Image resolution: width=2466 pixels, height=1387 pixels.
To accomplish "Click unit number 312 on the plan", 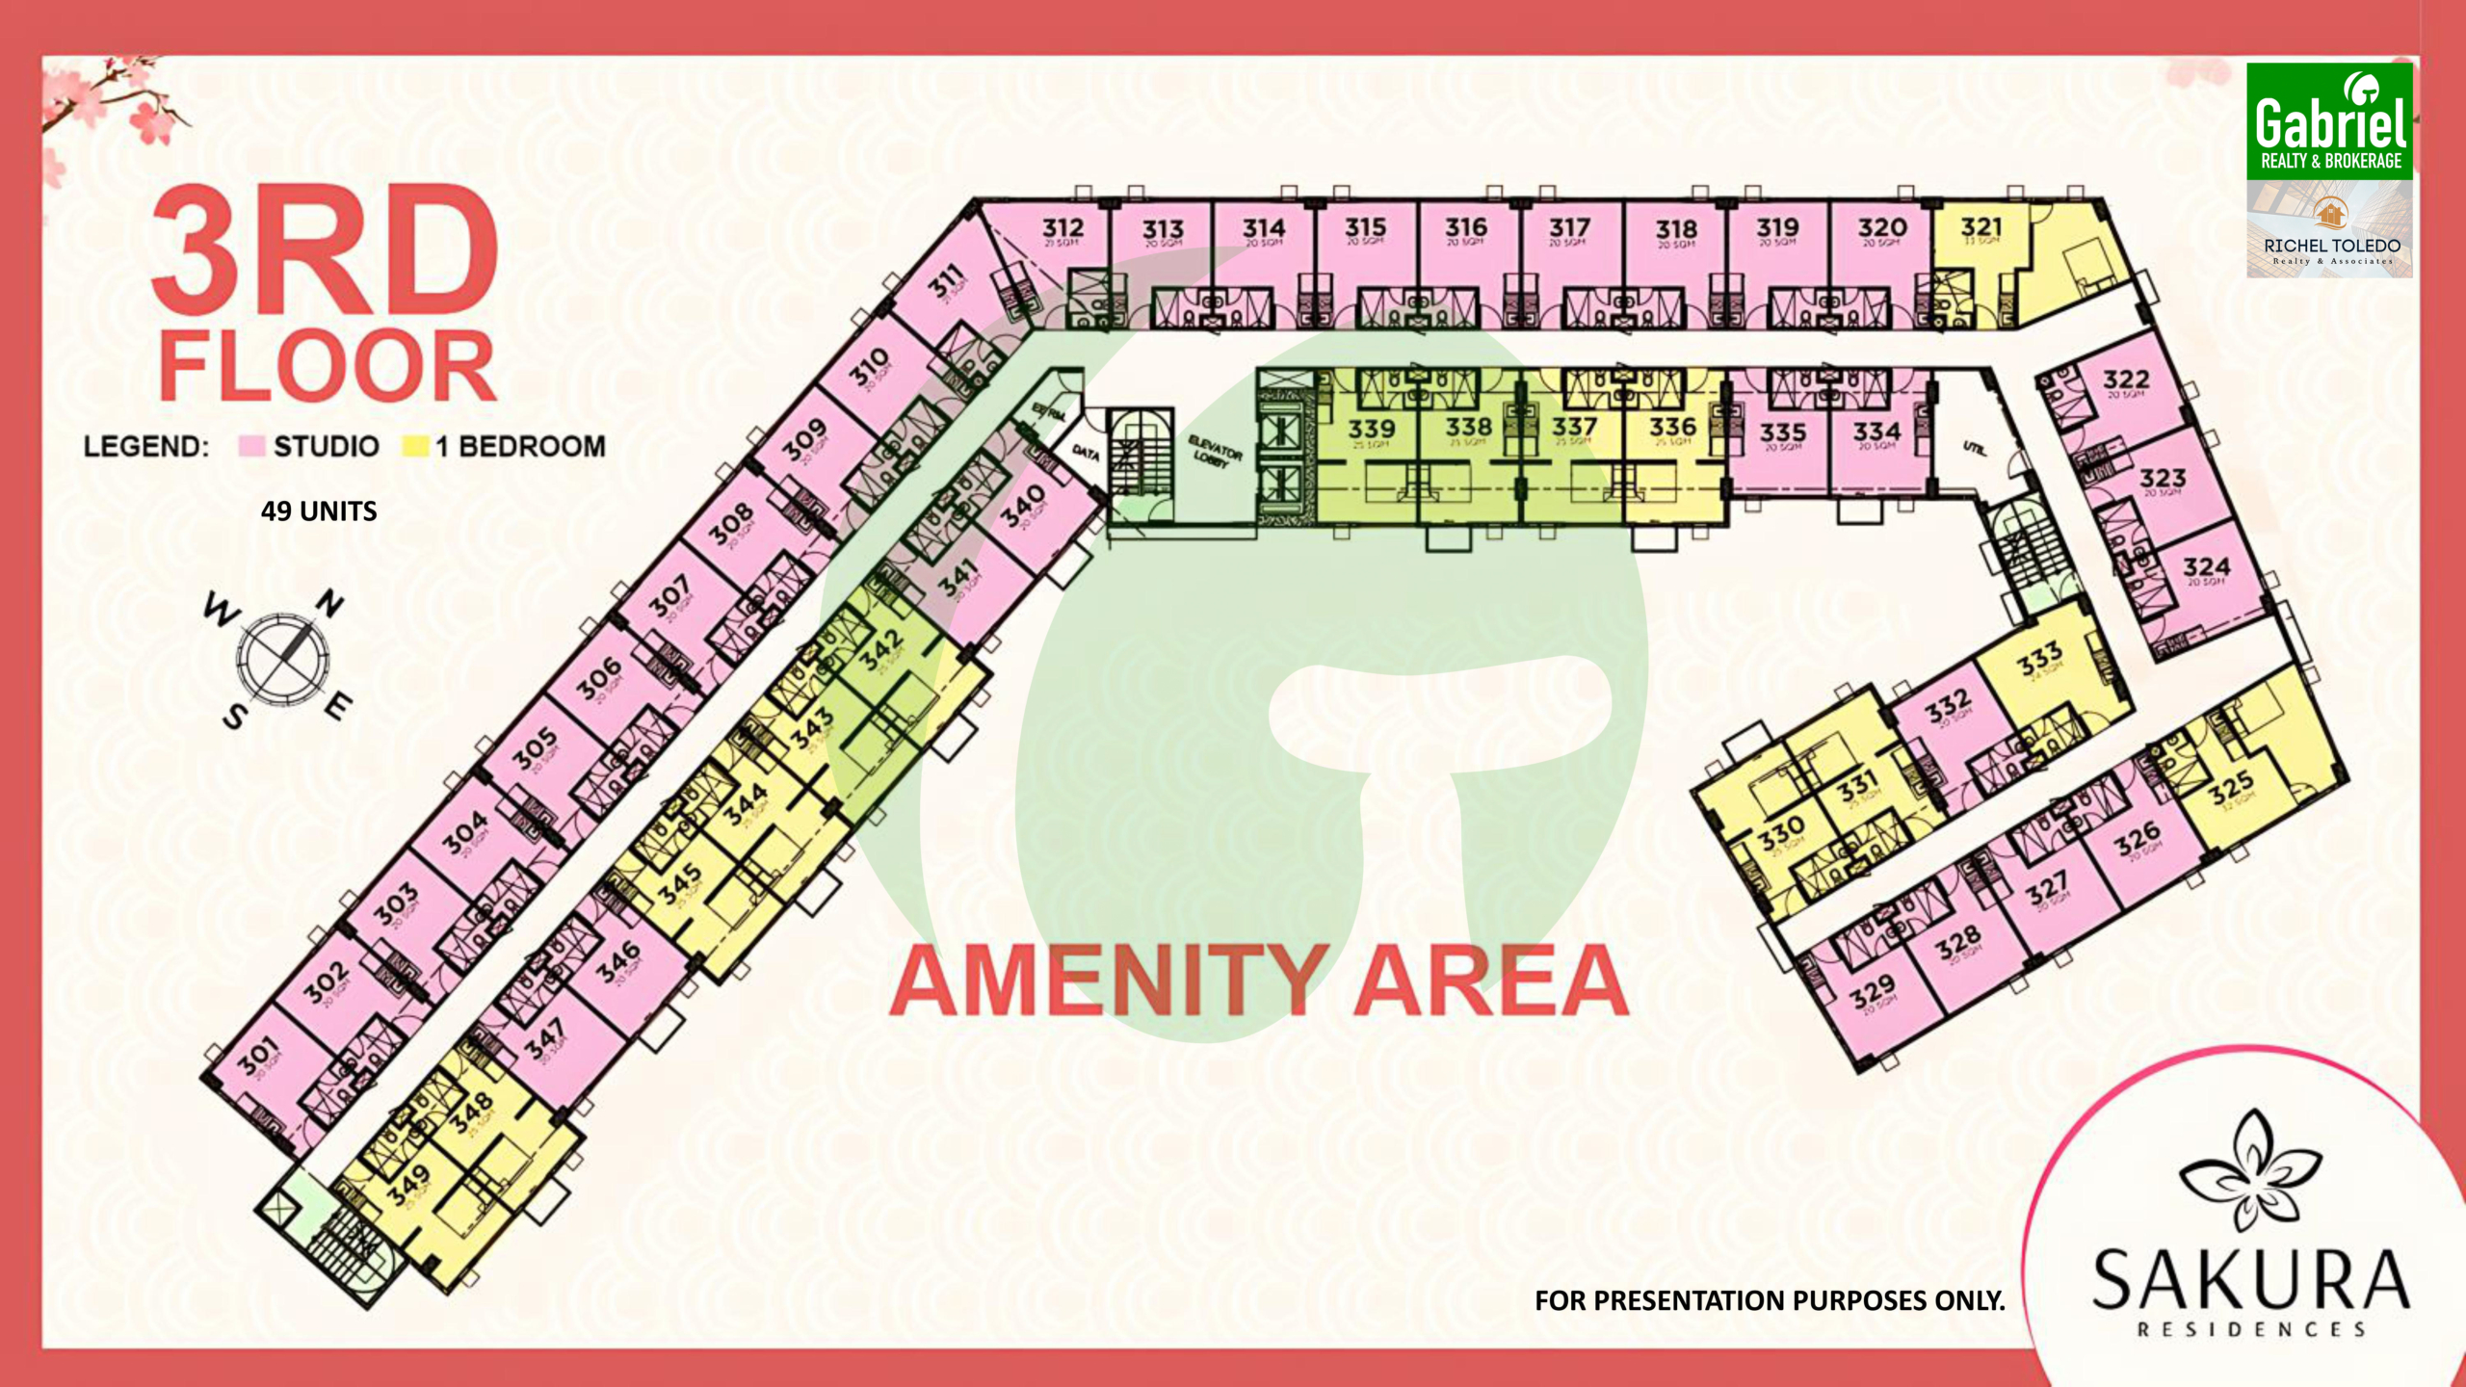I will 1062,228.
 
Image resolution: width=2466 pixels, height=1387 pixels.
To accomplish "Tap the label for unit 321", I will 1981,227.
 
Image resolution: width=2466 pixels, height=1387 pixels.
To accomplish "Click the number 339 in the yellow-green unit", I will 1371,428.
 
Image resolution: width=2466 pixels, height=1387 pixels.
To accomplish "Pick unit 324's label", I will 2206,566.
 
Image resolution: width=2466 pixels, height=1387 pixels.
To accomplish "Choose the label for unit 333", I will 2039,660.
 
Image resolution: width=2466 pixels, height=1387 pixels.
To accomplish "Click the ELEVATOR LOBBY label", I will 1215,451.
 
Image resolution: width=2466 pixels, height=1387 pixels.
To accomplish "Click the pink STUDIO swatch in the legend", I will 251,446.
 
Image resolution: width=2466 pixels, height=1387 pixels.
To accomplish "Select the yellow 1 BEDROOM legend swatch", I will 415,446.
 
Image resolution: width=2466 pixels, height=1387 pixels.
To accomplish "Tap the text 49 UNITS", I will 319,510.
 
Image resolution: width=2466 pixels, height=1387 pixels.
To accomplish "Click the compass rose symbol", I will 283,659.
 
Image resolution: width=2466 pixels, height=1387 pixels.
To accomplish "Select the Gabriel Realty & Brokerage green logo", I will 2329,121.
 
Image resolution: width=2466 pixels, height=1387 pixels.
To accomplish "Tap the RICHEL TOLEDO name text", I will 2331,246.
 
